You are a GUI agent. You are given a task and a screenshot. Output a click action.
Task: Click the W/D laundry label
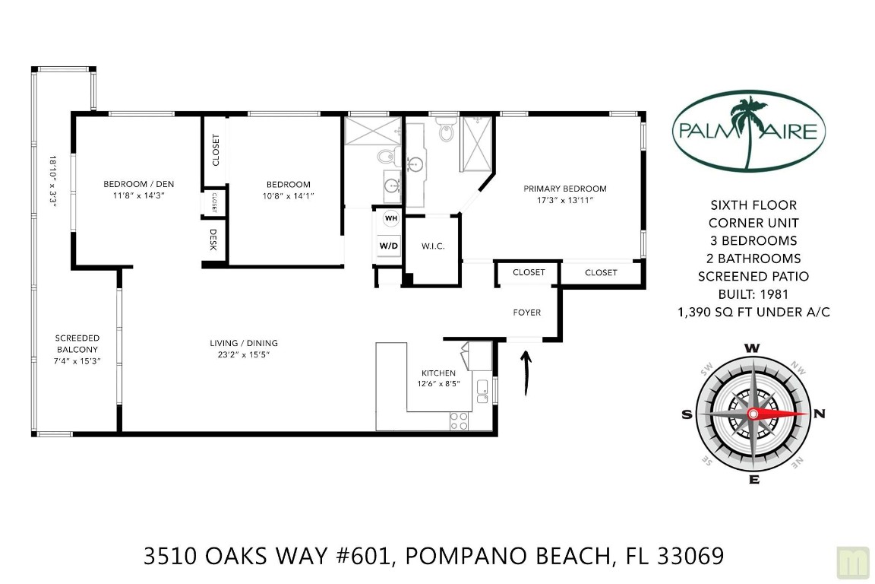389,246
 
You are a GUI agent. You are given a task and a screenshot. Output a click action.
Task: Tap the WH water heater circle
391,218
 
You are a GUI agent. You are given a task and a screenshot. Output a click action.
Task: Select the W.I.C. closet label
432,246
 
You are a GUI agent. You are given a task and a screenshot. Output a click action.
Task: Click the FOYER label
527,312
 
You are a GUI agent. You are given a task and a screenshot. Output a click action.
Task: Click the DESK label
213,240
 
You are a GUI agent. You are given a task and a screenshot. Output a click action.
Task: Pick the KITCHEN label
438,373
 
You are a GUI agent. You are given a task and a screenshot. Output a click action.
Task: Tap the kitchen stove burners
460,420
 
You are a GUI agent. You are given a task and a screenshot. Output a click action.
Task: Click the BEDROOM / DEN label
134,183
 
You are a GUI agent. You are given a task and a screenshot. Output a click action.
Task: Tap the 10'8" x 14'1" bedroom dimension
288,196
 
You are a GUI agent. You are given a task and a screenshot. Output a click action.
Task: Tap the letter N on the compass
819,414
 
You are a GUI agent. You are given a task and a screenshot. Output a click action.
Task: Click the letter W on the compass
752,348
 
